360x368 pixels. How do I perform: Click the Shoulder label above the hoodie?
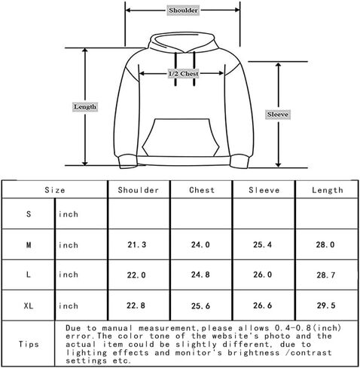click(x=183, y=11)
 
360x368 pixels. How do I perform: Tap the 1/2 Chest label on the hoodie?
click(x=184, y=74)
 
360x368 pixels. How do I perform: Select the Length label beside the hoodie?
click(x=85, y=107)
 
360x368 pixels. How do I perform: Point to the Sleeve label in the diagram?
click(x=278, y=115)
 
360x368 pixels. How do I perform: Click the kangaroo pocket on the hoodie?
click(x=181, y=138)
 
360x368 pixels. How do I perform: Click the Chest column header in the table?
click(x=202, y=190)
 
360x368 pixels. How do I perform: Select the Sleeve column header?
click(x=264, y=190)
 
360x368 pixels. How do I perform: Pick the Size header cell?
click(x=55, y=190)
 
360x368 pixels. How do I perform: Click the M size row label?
click(x=29, y=244)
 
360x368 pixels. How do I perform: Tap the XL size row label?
click(x=29, y=306)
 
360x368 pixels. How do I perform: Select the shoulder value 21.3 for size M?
click(x=136, y=244)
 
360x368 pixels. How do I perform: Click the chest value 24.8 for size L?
click(x=200, y=274)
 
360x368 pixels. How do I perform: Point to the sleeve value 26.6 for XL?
click(x=262, y=305)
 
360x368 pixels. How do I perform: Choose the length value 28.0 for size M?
click(x=325, y=244)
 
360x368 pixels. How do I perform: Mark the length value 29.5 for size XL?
click(x=326, y=305)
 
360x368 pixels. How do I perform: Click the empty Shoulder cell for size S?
click(x=139, y=213)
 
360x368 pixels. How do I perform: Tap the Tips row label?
click(x=29, y=344)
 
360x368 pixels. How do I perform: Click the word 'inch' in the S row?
click(x=69, y=214)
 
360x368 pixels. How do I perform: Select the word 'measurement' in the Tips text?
click(x=166, y=328)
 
